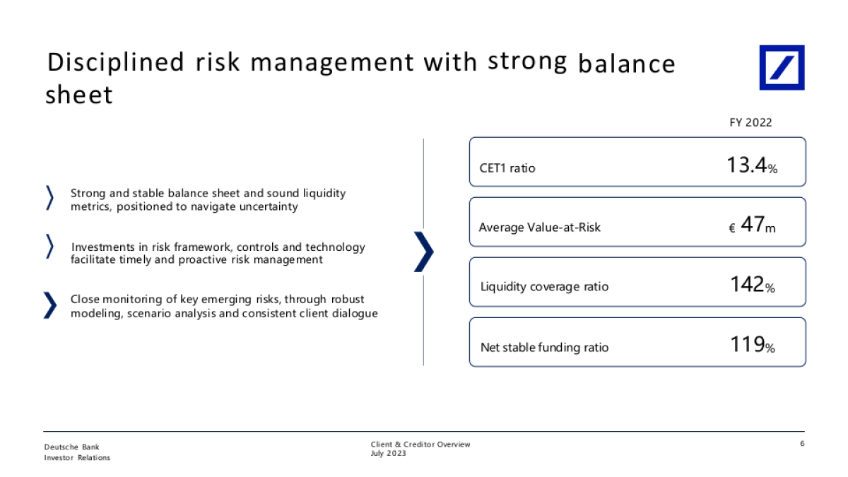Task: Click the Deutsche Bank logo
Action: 782,67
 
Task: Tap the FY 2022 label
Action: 750,123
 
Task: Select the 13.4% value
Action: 752,165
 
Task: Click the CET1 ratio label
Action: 507,168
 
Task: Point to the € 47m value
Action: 752,225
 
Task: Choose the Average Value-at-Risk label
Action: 539,227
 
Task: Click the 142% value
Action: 752,284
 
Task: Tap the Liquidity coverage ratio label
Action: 544,287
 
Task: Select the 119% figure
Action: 752,345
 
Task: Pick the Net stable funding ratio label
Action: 544,347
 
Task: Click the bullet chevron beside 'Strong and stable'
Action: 50,198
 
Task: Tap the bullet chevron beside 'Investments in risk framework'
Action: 50,247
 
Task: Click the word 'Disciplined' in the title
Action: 115,63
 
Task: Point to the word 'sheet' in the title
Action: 79,94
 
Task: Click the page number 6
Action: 802,443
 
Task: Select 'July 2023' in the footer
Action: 388,454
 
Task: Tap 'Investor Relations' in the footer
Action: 77,458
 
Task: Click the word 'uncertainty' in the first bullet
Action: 269,206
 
